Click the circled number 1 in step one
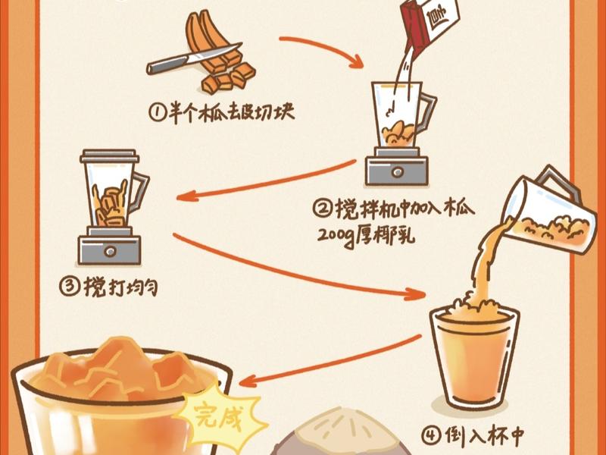click(x=156, y=115)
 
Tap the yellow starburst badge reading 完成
click(x=220, y=415)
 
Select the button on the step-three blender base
click(x=110, y=249)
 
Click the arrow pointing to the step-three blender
click(x=265, y=182)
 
